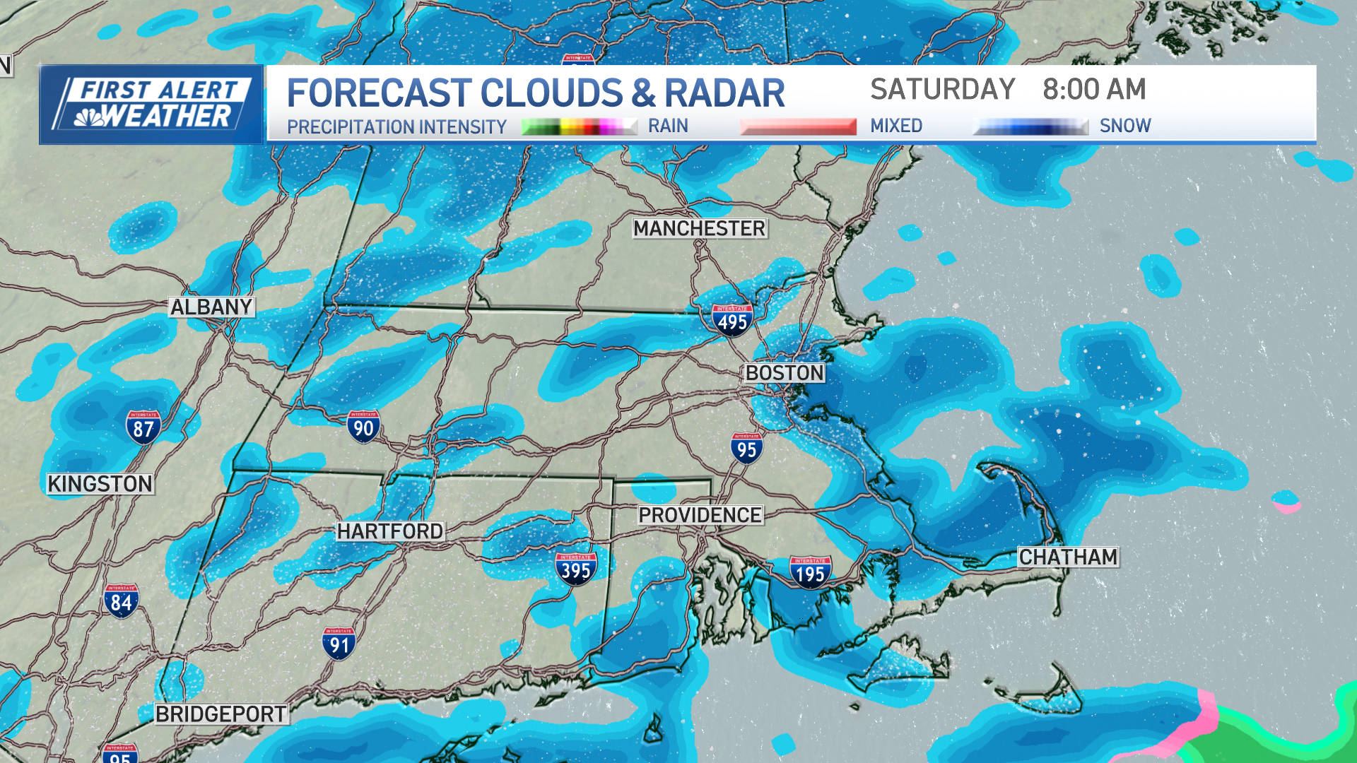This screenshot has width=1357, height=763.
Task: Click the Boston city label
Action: (785, 373)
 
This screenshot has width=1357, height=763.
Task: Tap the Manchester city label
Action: (699, 228)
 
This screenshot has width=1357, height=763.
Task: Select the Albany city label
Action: (211, 307)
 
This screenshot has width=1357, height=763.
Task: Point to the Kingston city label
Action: (100, 484)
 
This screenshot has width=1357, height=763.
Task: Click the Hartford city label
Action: (390, 531)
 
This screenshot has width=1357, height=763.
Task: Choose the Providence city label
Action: (700, 515)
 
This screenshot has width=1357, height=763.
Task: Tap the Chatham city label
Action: (1068, 557)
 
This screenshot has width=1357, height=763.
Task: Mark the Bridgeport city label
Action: (221, 714)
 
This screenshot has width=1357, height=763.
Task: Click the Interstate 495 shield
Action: (732, 321)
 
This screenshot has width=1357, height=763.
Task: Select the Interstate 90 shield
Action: (363, 427)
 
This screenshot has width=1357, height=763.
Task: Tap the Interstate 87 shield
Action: (143, 427)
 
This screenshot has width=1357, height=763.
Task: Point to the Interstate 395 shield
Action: (576, 569)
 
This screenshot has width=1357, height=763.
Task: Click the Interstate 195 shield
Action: (810, 572)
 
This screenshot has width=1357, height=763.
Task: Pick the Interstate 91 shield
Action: (339, 644)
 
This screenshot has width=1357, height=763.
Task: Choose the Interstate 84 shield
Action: (121, 601)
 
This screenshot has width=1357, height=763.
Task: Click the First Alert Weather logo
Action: (151, 105)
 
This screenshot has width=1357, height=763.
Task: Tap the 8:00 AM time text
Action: (1094, 90)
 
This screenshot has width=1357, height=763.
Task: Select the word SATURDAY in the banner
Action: (943, 90)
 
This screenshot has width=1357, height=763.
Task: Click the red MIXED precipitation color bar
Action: (798, 126)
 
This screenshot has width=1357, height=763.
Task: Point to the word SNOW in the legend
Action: (1125, 126)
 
